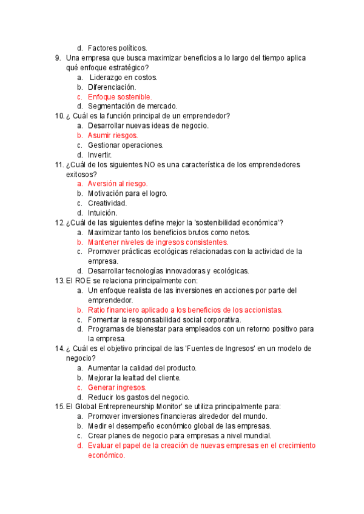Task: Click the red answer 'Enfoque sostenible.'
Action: pos(120,97)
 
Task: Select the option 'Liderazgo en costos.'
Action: pos(123,78)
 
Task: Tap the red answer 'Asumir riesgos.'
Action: pos(113,136)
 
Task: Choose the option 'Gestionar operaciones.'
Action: pos(126,145)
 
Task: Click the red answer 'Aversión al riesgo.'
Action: pos(118,184)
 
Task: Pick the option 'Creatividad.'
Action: pos(107,203)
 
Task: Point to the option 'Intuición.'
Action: pos(103,213)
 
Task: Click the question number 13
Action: pos(59,281)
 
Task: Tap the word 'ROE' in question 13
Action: pos(83,281)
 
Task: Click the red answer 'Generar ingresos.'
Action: pos(117,387)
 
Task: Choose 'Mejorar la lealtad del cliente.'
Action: pos(134,378)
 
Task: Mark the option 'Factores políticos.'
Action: pos(117,48)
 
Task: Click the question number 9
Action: pos(58,58)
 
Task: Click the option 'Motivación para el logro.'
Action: pos(127,193)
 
